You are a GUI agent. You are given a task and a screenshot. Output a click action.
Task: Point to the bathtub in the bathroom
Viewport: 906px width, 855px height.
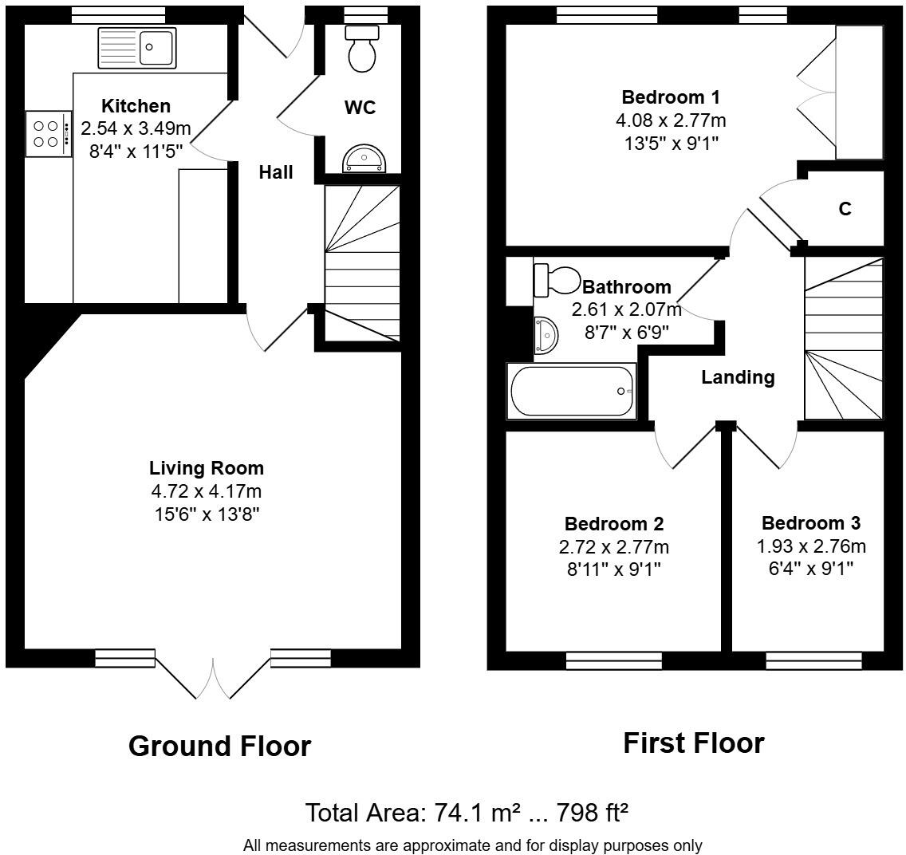(572, 391)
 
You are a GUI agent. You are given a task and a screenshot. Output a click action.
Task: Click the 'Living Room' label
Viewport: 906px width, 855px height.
(207, 468)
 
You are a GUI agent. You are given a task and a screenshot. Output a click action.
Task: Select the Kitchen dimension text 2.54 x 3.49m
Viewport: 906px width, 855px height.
(136, 128)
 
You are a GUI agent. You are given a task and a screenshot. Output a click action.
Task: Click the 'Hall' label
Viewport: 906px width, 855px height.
(276, 172)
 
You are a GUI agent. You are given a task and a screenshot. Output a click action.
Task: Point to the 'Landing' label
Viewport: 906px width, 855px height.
(738, 377)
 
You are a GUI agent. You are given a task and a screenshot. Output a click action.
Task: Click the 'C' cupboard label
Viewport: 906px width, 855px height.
(845, 209)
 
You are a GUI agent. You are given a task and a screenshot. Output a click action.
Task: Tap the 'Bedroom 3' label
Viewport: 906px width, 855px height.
(810, 523)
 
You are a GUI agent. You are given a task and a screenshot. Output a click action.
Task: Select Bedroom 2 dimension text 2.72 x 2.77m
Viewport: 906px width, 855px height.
(614, 547)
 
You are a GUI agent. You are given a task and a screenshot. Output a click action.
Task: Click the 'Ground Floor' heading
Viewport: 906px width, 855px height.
(219, 747)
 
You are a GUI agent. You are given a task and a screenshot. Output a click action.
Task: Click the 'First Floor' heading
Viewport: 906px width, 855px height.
(693, 743)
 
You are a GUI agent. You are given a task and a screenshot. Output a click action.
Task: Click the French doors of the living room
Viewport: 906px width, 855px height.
(213, 676)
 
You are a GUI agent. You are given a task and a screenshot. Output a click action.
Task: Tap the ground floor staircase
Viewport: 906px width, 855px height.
(361, 263)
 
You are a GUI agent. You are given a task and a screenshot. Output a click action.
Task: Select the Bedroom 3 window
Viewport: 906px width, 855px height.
(813, 660)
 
